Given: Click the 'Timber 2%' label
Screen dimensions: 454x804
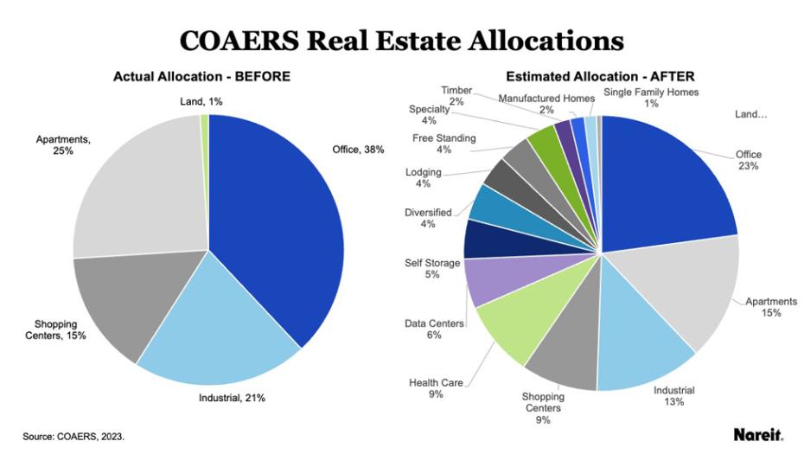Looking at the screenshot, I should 456,96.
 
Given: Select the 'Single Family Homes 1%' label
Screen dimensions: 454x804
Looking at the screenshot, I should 651,98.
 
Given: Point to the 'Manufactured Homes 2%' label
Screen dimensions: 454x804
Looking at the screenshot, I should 546,105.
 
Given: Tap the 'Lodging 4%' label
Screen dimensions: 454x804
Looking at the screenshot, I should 424,178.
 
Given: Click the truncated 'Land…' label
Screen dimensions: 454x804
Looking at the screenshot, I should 751,113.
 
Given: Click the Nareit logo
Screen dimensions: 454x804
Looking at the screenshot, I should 756,434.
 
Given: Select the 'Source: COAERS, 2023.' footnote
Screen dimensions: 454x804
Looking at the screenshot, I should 73,437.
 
